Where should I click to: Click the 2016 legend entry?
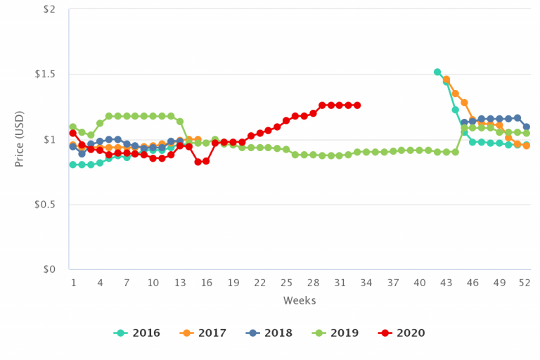137,333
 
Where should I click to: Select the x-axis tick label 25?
286,283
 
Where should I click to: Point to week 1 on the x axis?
73,283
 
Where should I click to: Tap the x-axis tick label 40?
419,283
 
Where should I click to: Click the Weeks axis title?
300,301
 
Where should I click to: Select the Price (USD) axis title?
20,139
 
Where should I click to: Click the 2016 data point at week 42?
437,72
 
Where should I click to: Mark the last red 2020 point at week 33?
357,105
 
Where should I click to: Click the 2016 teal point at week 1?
73,165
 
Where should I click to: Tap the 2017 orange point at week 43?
446,79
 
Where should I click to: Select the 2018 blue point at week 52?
526,127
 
